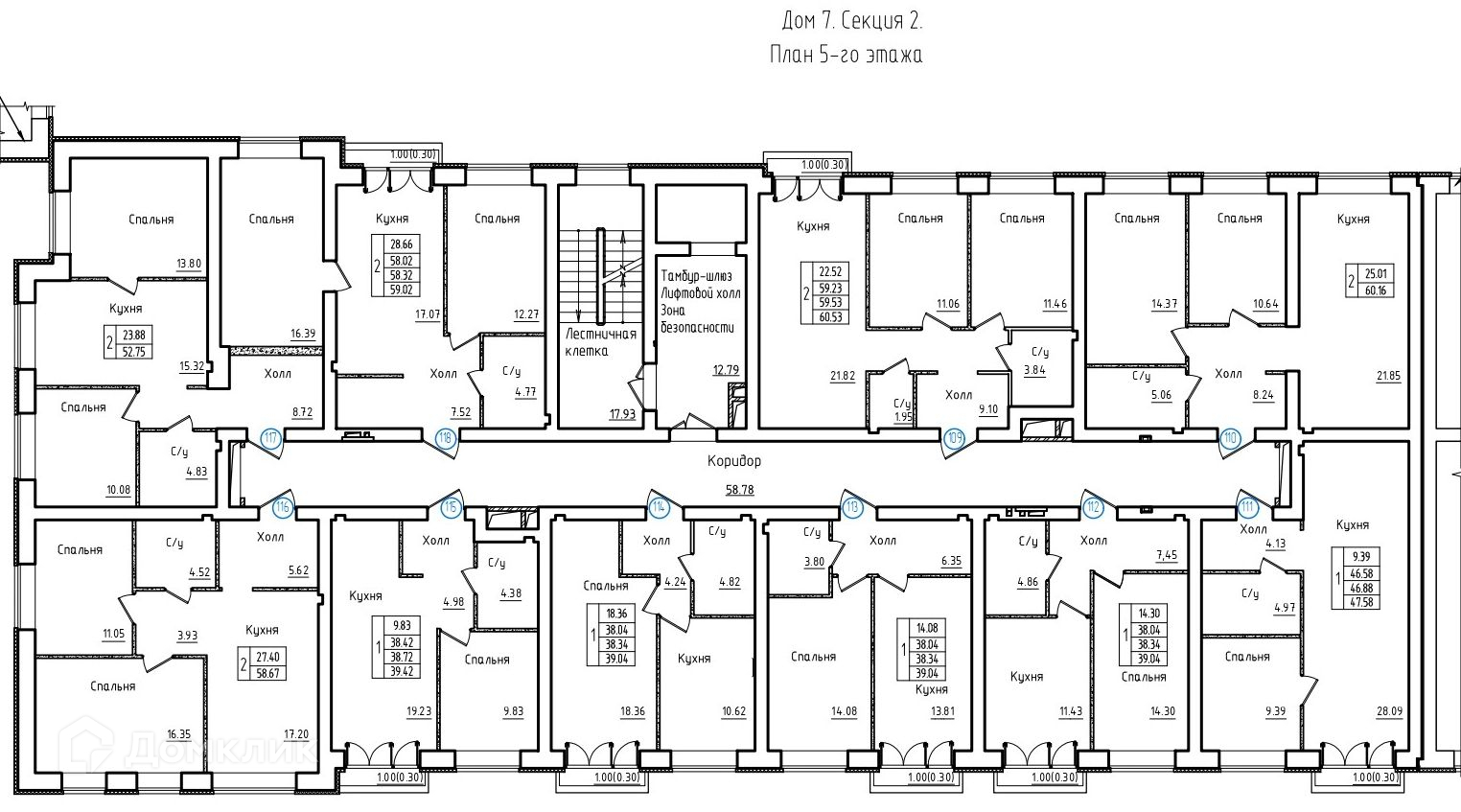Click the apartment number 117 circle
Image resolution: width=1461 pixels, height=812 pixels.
pyautogui.click(x=271, y=437)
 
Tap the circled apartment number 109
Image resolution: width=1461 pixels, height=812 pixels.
pyautogui.click(x=955, y=437)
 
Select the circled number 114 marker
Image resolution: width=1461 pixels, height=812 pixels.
pyautogui.click(x=661, y=507)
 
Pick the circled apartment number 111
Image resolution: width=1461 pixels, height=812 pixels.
pyautogui.click(x=1247, y=507)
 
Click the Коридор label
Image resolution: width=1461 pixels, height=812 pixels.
pyautogui.click(x=734, y=461)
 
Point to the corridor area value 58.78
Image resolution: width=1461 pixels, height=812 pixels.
pyautogui.click(x=740, y=489)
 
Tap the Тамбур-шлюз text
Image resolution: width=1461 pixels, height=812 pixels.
pyautogui.click(x=697, y=276)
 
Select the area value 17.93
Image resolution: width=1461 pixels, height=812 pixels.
pyautogui.click(x=622, y=413)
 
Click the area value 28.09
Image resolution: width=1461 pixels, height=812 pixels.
pyautogui.click(x=1389, y=711)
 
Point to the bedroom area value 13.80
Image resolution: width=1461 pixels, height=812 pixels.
pyautogui.click(x=189, y=265)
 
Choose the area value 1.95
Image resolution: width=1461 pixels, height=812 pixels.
pyautogui.click(x=903, y=417)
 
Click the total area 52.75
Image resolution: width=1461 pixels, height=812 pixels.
pyautogui.click(x=133, y=352)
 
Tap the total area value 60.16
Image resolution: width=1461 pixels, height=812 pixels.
pyautogui.click(x=1376, y=290)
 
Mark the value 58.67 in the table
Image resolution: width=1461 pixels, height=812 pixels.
pyautogui.click(x=268, y=672)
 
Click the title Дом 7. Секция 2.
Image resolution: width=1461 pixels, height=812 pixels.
pyautogui.click(x=852, y=21)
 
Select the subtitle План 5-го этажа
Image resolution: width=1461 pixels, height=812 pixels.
pyautogui.click(x=846, y=54)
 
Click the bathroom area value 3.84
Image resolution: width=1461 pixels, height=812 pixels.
pyautogui.click(x=1034, y=371)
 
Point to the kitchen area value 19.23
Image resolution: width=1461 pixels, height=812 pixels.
pyautogui.click(x=419, y=711)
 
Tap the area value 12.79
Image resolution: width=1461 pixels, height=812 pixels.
pyautogui.click(x=726, y=370)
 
